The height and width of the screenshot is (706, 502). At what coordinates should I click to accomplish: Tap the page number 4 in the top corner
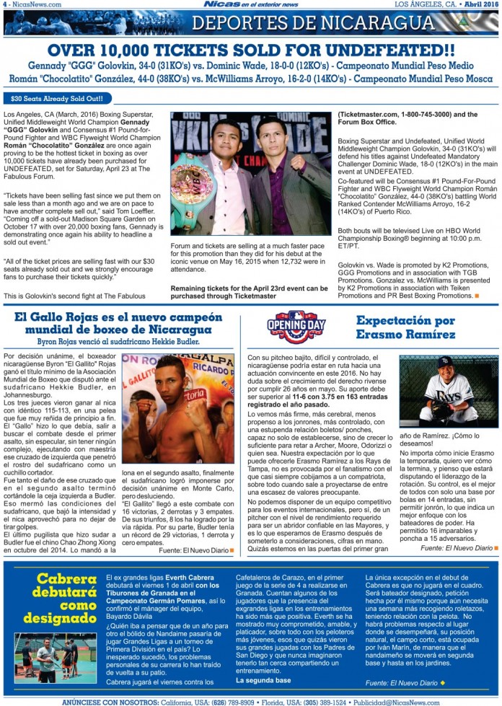point(4,4)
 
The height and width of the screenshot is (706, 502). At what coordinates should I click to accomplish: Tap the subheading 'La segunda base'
point(264,680)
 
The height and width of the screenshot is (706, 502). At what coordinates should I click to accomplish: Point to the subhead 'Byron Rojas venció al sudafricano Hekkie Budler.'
point(117,341)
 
